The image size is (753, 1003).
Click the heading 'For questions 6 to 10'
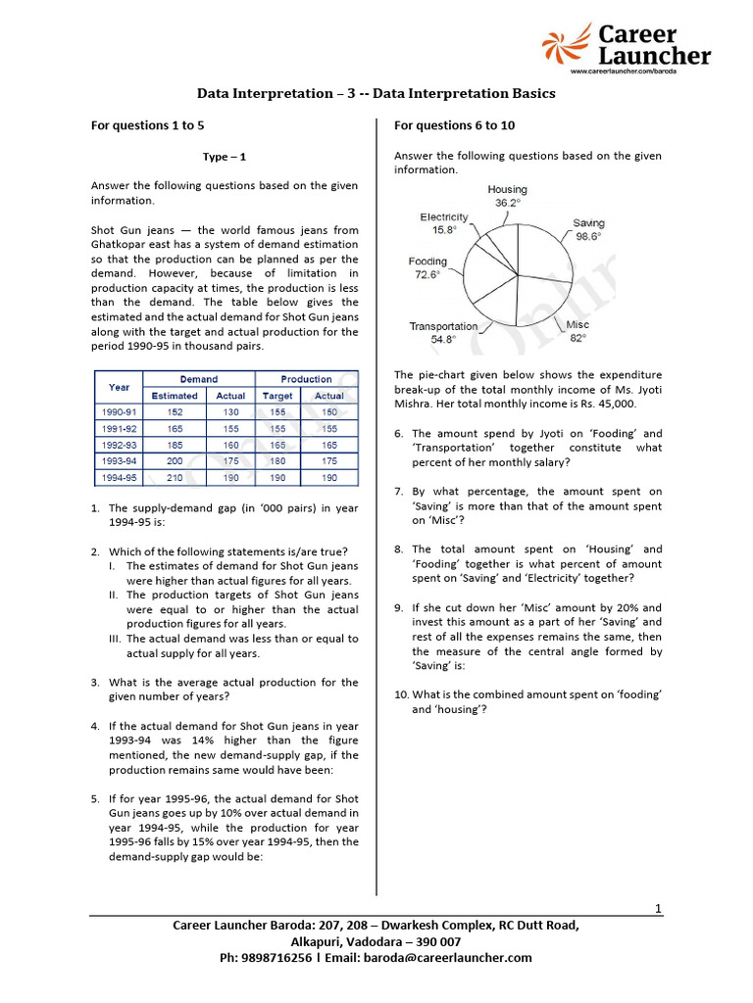[x=454, y=125]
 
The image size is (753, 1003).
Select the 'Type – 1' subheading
[x=225, y=156]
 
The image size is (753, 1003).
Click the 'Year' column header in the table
[x=119, y=387]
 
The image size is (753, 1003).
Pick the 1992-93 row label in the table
[x=120, y=445]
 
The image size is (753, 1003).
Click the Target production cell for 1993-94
[x=277, y=460]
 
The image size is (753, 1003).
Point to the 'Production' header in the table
[x=306, y=379]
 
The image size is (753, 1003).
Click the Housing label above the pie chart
[x=507, y=189]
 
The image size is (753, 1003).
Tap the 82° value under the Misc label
[x=577, y=338]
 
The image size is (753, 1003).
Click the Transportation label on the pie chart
[x=443, y=326]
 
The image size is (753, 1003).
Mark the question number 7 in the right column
[x=399, y=492]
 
